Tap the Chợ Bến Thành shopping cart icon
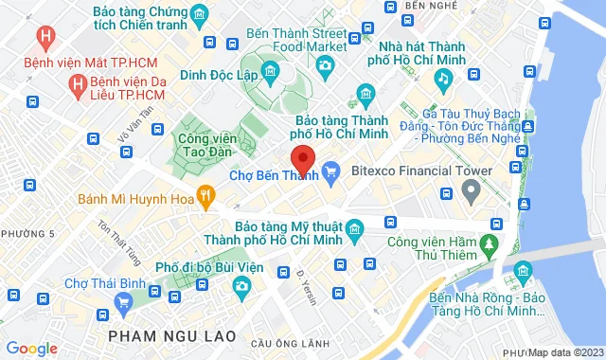(330, 171)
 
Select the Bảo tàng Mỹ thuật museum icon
(354, 228)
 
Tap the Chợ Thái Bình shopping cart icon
(122, 301)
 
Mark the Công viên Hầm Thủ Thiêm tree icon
(490, 244)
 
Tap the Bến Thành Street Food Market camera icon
(326, 64)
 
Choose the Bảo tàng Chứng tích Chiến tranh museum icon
(199, 14)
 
